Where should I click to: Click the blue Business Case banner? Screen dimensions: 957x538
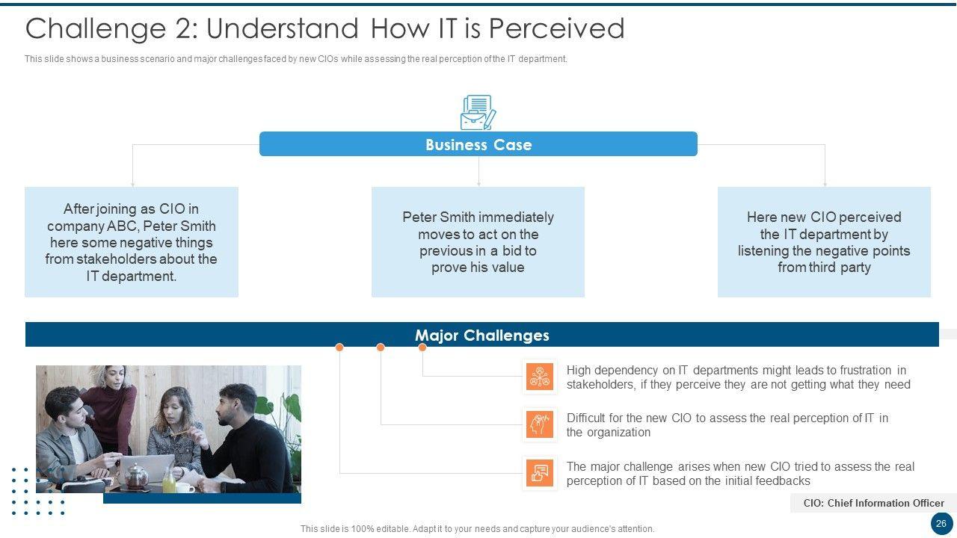tap(478, 144)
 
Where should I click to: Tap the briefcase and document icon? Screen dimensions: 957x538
tap(478, 112)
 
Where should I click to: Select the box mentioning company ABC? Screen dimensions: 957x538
tap(132, 241)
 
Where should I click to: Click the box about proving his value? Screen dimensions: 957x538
tap(478, 241)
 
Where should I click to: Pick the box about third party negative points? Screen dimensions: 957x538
tap(824, 241)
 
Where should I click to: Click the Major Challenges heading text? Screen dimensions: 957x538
tap(482, 336)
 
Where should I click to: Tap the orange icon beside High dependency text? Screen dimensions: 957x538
tap(540, 377)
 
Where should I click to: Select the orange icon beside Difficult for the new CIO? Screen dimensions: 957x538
tap(540, 424)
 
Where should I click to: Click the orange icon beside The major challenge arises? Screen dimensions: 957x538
tap(540, 473)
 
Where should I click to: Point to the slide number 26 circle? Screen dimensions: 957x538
tap(941, 524)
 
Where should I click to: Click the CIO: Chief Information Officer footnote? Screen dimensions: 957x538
tap(874, 503)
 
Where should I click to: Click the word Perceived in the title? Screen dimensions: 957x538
tap(556, 28)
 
